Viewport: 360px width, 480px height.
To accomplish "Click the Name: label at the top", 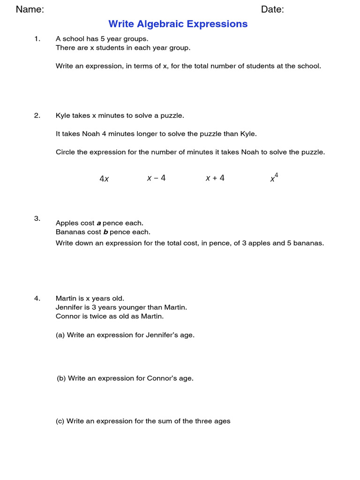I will [x=30, y=9].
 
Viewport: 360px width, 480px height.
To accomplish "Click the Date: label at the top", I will [x=272, y=9].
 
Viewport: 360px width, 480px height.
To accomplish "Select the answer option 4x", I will [x=104, y=179].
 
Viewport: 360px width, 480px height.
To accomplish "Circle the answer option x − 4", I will [x=156, y=178].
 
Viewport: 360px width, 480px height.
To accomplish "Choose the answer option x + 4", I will [x=215, y=178].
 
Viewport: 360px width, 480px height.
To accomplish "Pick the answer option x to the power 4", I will [x=274, y=178].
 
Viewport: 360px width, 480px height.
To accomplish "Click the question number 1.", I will [x=37, y=39].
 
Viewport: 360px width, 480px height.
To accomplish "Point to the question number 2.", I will [x=37, y=116].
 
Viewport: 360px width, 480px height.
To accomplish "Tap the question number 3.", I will [x=37, y=218].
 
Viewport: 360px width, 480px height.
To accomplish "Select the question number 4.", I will [x=37, y=299].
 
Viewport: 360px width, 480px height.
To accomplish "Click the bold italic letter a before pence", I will [x=99, y=223].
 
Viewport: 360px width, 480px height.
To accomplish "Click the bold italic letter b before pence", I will [x=105, y=232].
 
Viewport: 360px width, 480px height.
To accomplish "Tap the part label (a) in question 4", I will [x=60, y=335].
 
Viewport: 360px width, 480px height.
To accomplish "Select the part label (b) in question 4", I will [x=61, y=378].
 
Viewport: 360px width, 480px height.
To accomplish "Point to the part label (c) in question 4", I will [x=60, y=421].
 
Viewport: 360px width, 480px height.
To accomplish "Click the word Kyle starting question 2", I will [x=63, y=116].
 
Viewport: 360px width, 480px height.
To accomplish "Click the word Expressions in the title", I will [x=219, y=24].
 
